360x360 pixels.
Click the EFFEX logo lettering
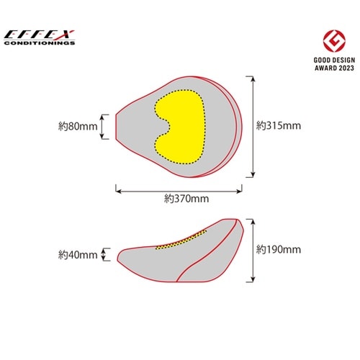pos(39,35)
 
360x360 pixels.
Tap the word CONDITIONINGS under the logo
pos(40,43)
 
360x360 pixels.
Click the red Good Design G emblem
pos(334,41)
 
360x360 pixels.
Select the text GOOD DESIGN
pos(334,60)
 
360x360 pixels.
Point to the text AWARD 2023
pos(334,68)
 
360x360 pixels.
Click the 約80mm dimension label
pos(78,126)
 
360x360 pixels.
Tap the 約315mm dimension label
pos(279,125)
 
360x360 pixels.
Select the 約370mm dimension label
pos(186,199)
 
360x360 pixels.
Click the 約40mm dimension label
pos(78,255)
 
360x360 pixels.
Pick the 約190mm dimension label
pos(279,250)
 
